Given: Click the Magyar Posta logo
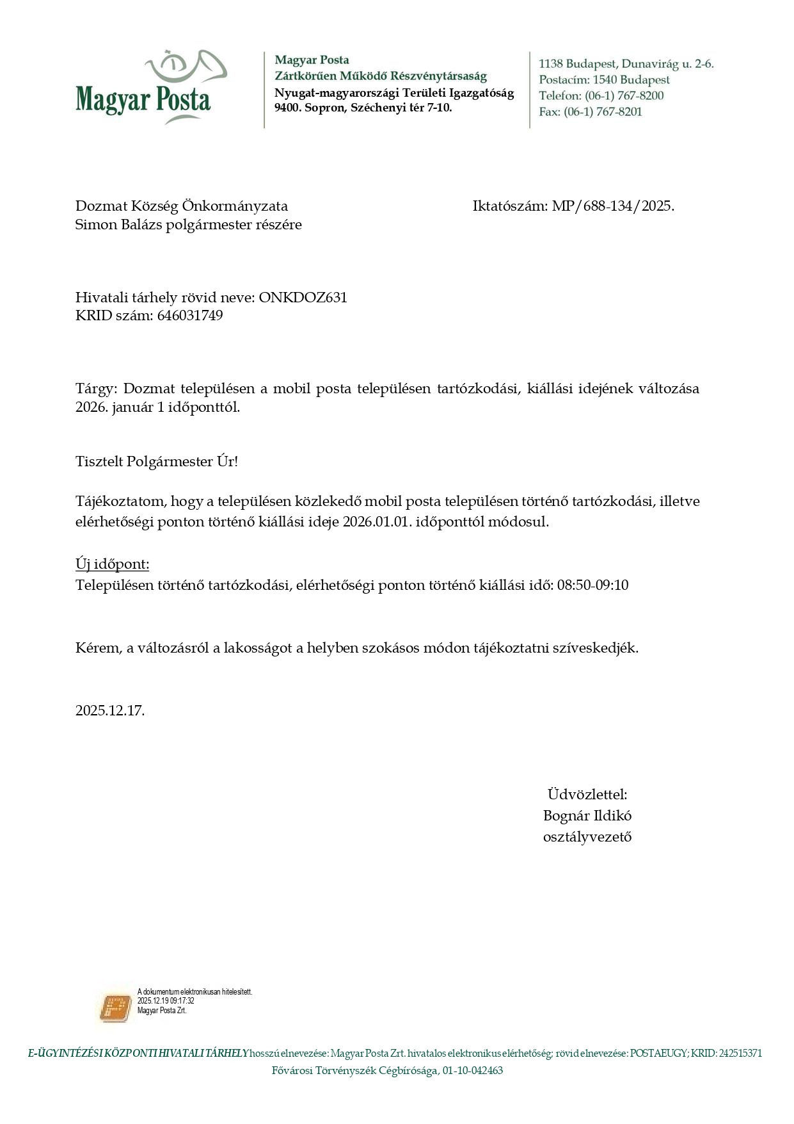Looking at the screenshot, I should [150, 88].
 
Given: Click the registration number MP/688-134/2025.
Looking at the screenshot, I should [613, 206].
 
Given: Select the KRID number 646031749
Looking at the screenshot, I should [190, 316].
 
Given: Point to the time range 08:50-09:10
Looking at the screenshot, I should [592, 585].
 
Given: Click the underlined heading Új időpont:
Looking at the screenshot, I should [113, 564].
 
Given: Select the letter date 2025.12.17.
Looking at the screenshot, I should [110, 710].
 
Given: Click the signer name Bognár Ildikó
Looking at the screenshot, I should [587, 816].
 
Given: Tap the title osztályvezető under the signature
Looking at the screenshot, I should [587, 837].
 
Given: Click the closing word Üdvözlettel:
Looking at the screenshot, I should [587, 795].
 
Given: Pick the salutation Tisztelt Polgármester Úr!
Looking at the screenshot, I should [157, 462].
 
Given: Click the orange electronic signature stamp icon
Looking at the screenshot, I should [116, 1007].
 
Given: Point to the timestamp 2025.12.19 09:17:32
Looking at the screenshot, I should [166, 1001].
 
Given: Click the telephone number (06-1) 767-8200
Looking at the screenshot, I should [624, 96].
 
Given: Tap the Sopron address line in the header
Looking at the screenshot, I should [363, 108].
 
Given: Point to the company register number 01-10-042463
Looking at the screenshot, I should [472, 1071].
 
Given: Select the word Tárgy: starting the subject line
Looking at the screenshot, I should [97, 389].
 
